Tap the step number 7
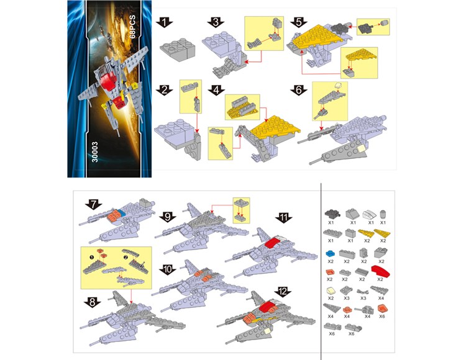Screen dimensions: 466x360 [94, 204]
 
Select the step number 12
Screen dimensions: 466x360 [283, 291]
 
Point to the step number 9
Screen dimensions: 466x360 [168, 217]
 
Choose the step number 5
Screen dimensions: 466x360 [299, 22]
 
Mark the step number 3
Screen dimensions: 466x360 [216, 22]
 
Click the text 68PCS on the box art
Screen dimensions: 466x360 [132, 27]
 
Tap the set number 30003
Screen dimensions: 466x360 [94, 152]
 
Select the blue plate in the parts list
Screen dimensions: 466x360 [330, 254]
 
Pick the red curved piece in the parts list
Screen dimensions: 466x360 [381, 271]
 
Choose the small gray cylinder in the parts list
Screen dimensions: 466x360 [383, 214]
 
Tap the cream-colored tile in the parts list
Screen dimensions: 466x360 [331, 291]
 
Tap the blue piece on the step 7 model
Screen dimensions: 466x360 [121, 212]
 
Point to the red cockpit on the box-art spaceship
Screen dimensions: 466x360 [107, 80]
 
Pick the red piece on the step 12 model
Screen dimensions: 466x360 [269, 307]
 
